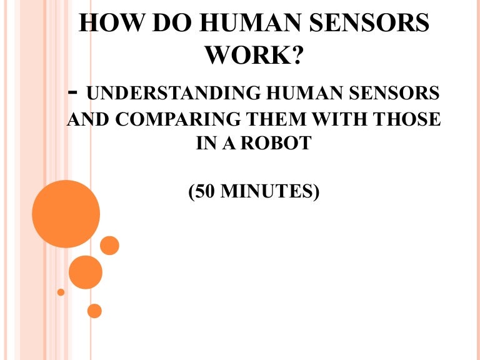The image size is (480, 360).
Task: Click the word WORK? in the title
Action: point(254,57)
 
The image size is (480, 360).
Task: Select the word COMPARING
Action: point(177,119)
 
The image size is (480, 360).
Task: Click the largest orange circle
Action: point(66,214)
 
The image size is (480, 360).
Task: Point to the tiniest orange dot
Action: point(61,292)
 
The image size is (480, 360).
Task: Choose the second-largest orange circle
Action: point(85,272)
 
